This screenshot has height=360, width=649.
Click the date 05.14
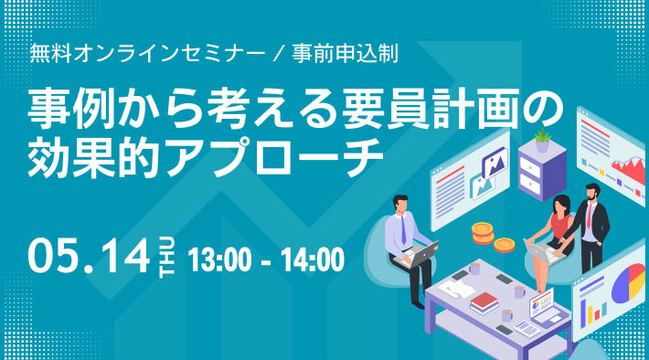(x=88, y=256)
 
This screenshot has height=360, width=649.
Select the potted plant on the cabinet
(x=542, y=139)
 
